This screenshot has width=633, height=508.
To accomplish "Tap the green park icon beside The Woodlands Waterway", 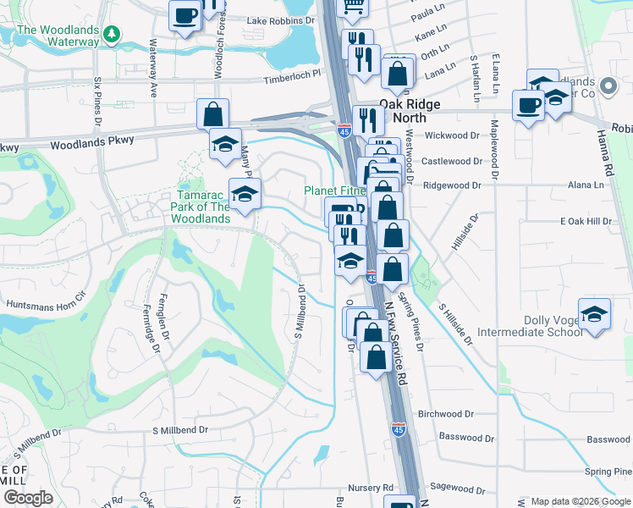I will coord(111,35).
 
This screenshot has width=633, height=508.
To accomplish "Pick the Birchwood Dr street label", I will coord(446,414).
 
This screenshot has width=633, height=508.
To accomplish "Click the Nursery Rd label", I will coord(371,488).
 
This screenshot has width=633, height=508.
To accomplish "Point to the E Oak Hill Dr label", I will coord(586,221).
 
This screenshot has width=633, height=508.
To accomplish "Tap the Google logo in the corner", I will coord(28,498).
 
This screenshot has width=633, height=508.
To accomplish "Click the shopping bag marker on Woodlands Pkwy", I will coord(213,113).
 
